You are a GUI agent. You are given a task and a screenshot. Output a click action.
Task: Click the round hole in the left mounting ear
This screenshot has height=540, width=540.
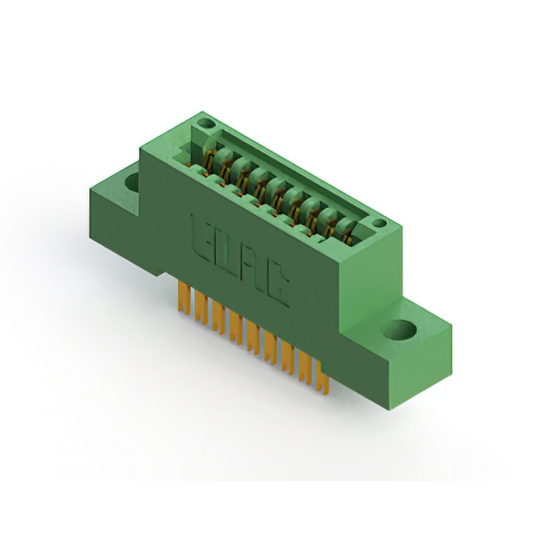click(x=132, y=181)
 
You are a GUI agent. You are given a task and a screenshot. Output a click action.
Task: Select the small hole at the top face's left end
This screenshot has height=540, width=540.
click(x=206, y=123)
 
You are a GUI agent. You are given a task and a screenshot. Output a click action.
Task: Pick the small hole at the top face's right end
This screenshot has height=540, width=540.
click(x=379, y=223)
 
